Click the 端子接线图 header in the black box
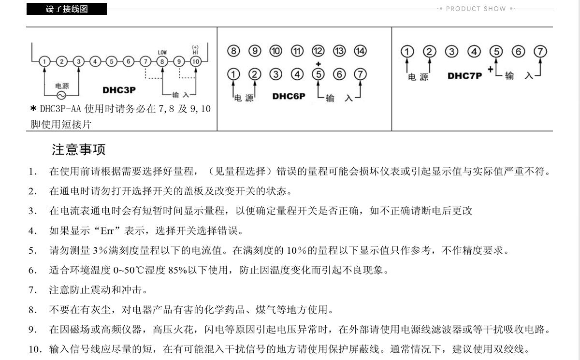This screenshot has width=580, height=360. [67, 9]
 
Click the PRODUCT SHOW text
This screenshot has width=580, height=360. [476, 9]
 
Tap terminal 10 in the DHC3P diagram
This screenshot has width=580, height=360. [195, 61]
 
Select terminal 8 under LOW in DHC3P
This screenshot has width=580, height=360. [162, 61]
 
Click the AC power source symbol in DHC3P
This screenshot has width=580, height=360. [61, 96]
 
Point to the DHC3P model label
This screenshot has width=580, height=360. [119, 90]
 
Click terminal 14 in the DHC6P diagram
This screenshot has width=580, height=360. [361, 51]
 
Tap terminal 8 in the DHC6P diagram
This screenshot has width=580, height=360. [233, 51]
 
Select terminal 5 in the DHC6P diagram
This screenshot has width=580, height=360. [318, 74]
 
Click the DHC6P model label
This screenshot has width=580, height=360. [289, 96]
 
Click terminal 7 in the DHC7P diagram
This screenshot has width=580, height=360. [540, 52]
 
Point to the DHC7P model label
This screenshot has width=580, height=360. [465, 76]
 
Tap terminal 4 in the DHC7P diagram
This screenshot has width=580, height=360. [474, 52]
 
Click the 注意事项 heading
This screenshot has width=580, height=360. [78, 150]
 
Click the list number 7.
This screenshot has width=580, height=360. [32, 290]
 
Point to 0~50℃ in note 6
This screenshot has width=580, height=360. [133, 270]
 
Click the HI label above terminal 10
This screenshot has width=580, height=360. [195, 52]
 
